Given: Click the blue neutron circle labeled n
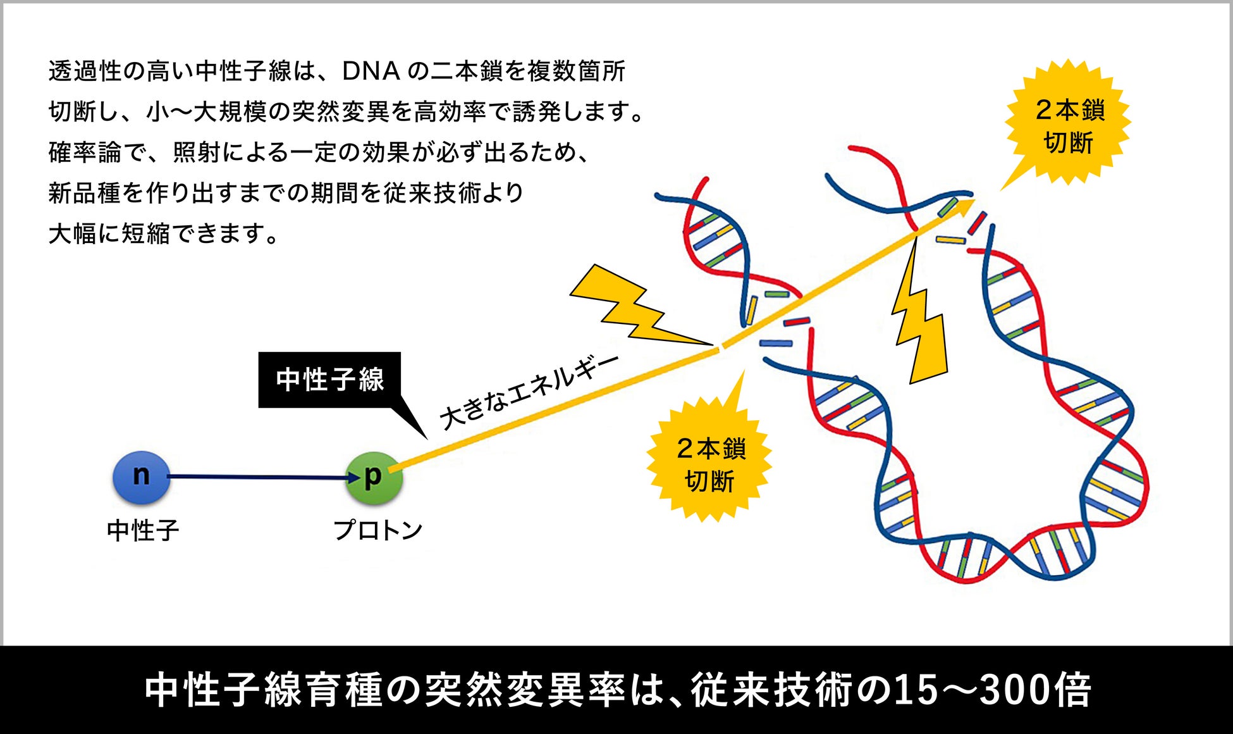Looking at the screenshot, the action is click(141, 477).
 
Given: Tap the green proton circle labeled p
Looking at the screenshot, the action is click(374, 478).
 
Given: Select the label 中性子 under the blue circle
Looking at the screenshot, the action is click(143, 530).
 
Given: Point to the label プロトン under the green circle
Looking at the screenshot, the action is click(377, 530).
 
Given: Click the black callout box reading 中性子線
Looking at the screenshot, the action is click(329, 380).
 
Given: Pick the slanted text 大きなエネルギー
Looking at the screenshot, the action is click(528, 392).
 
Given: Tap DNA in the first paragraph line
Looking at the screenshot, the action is click(371, 72).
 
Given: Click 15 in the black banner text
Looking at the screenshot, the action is click(914, 690).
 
